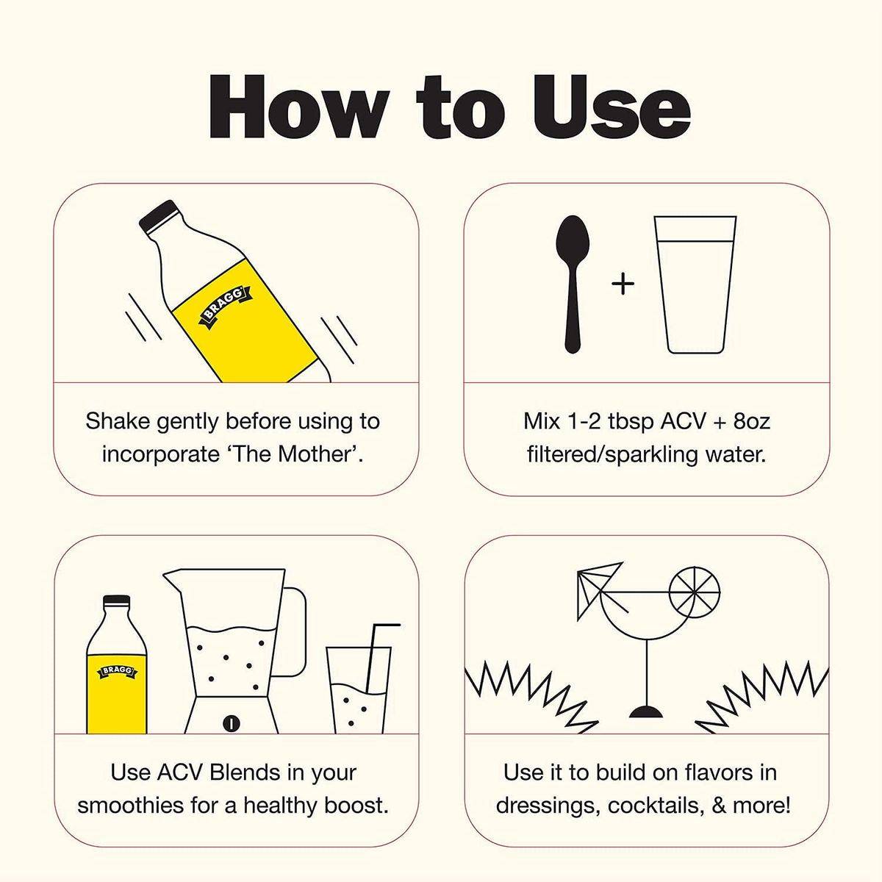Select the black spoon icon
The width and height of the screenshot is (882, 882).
point(573,284)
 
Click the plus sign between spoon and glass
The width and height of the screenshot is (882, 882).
point(623,284)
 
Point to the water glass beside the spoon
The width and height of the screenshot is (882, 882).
point(695,284)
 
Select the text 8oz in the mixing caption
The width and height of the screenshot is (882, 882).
point(752,421)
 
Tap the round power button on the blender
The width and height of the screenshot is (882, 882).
point(232,724)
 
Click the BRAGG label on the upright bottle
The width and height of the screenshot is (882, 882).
point(117,671)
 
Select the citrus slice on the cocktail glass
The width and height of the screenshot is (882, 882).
point(695,592)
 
